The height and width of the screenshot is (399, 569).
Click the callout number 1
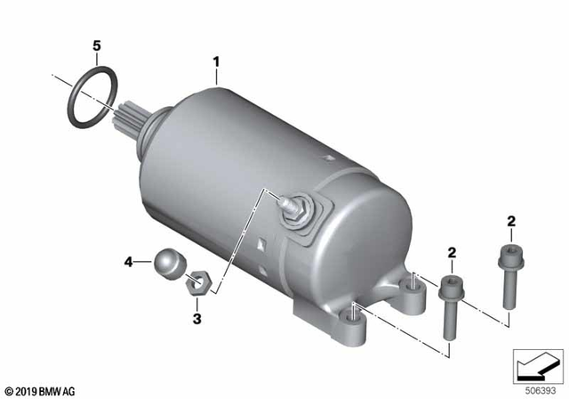tap(215, 61)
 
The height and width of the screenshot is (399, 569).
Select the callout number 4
tap(129, 262)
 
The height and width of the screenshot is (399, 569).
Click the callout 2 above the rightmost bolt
tap(511, 220)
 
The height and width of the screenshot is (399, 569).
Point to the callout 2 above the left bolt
tap(452, 253)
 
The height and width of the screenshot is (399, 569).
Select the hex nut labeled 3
tap(198, 286)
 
